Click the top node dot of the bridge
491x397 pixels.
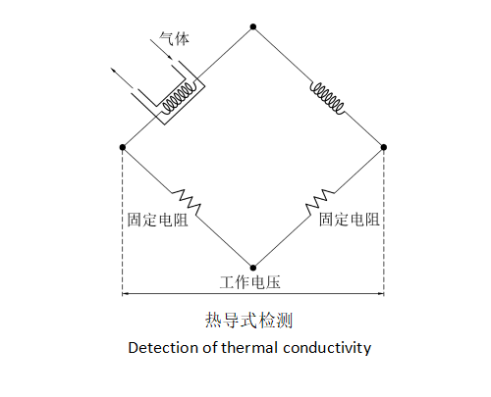coord(253,26)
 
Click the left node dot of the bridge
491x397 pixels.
coord(123,147)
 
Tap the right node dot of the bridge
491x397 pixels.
coord(384,147)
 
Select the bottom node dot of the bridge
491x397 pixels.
coord(253,268)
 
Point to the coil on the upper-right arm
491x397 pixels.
coord(327,98)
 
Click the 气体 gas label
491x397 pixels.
coord(174,39)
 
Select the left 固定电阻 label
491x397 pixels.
coord(157,220)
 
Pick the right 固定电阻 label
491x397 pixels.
coord(350,220)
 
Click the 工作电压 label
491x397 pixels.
coord(249,282)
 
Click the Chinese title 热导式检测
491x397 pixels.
coord(248,320)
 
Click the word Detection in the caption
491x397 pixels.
coord(163,348)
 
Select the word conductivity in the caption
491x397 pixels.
coord(327,349)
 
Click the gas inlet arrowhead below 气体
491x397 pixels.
coord(170,57)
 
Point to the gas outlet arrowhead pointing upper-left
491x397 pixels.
coord(113,70)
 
